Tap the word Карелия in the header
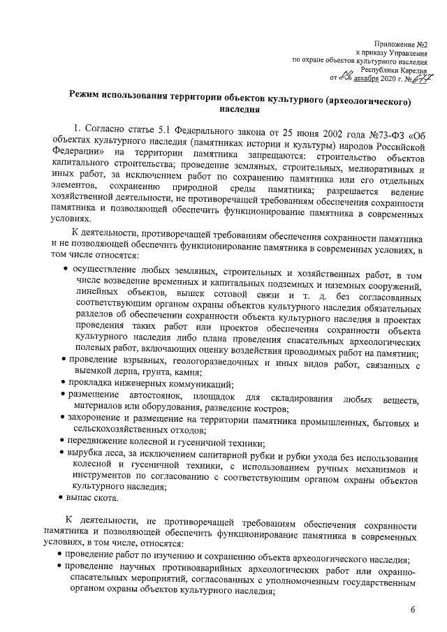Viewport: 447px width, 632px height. tap(412, 71)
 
